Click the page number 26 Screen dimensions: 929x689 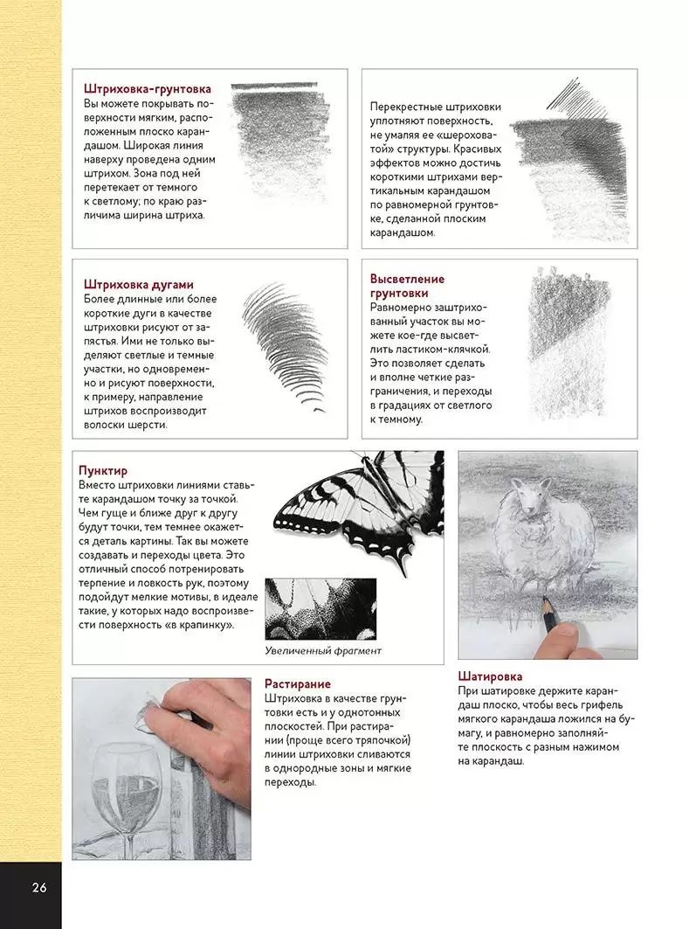click(38, 889)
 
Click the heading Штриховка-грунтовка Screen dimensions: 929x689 click(147, 88)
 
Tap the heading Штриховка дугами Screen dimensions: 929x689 click(138, 284)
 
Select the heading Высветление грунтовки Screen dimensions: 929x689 click(406, 286)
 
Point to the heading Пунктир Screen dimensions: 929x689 click(102, 470)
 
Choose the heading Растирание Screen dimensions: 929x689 click(297, 683)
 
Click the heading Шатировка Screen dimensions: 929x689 click(490, 676)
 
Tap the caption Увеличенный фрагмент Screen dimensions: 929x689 click(323, 651)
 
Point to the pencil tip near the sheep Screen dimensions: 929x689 click(543, 600)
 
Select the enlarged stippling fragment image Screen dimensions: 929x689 click(320, 609)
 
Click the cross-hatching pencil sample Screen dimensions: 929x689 click(568, 162)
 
